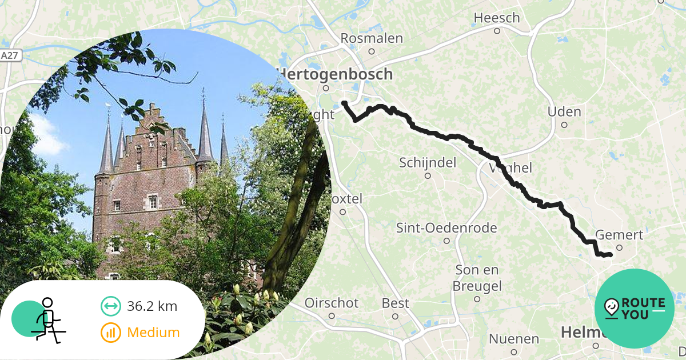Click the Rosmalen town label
[371, 38]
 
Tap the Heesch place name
[497, 18]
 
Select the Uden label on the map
[564, 111]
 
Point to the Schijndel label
[428, 163]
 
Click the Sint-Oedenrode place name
[446, 228]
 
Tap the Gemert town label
[619, 235]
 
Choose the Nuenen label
[513, 339]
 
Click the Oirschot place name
[332, 303]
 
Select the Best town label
[396, 303]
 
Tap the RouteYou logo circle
[635, 309]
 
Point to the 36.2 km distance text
[152, 306]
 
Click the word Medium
[153, 332]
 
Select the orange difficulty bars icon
[110, 332]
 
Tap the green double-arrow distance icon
[110, 306]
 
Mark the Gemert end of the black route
[611, 254]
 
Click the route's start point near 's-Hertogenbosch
[344, 103]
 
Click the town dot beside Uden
[564, 125]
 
